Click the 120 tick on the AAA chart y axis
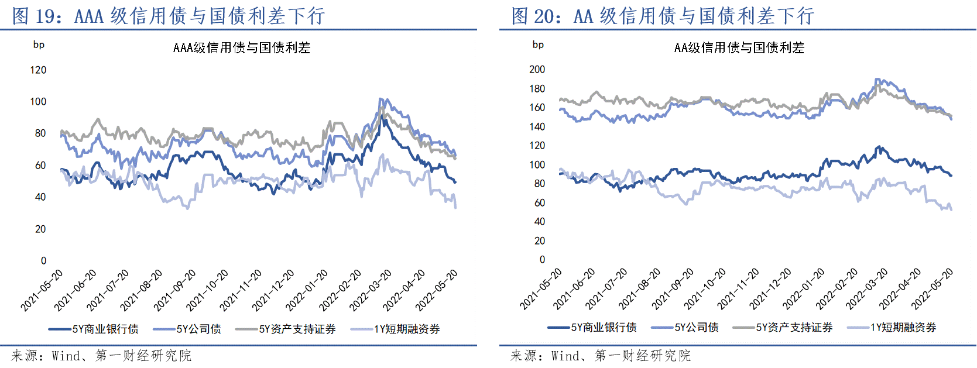[38, 70]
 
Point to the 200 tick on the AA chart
[537, 70]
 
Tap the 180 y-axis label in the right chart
[537, 89]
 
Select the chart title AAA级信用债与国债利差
[242, 48]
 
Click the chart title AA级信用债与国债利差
[739, 48]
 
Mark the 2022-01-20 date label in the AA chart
[803, 288]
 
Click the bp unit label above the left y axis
[39, 45]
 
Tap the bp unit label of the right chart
[538, 45]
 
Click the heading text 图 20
[533, 16]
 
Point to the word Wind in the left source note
[66, 356]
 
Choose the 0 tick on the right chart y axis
[542, 260]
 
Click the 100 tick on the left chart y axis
[38, 102]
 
